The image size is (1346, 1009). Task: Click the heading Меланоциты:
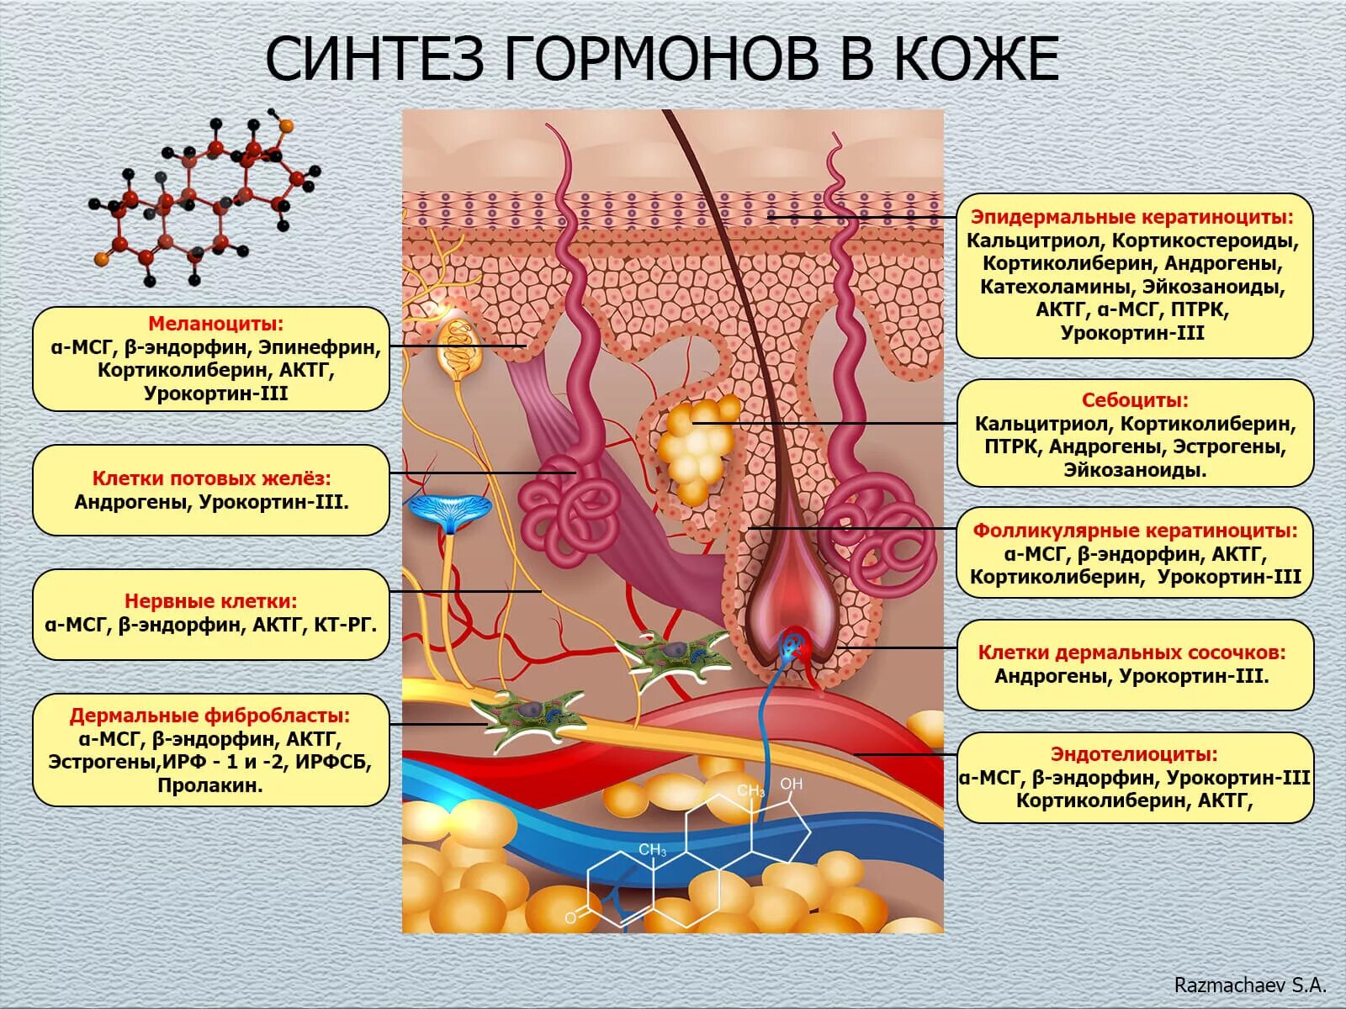point(215,324)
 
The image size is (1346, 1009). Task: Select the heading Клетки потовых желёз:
point(211,478)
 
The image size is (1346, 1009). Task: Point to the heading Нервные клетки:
point(210,601)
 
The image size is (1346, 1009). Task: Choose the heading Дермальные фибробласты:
point(209,716)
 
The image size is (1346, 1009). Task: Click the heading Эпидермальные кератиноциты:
point(1132,217)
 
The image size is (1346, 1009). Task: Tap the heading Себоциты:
point(1135,400)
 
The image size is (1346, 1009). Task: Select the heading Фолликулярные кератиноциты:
point(1135,531)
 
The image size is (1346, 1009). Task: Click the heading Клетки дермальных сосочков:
point(1132,652)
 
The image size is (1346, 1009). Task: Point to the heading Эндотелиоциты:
point(1134,754)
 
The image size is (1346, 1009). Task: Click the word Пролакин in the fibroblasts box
point(210,786)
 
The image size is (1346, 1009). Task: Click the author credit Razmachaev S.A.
point(1249,985)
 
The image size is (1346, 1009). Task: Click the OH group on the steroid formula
point(792,784)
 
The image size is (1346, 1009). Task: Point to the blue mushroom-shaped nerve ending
point(449,511)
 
